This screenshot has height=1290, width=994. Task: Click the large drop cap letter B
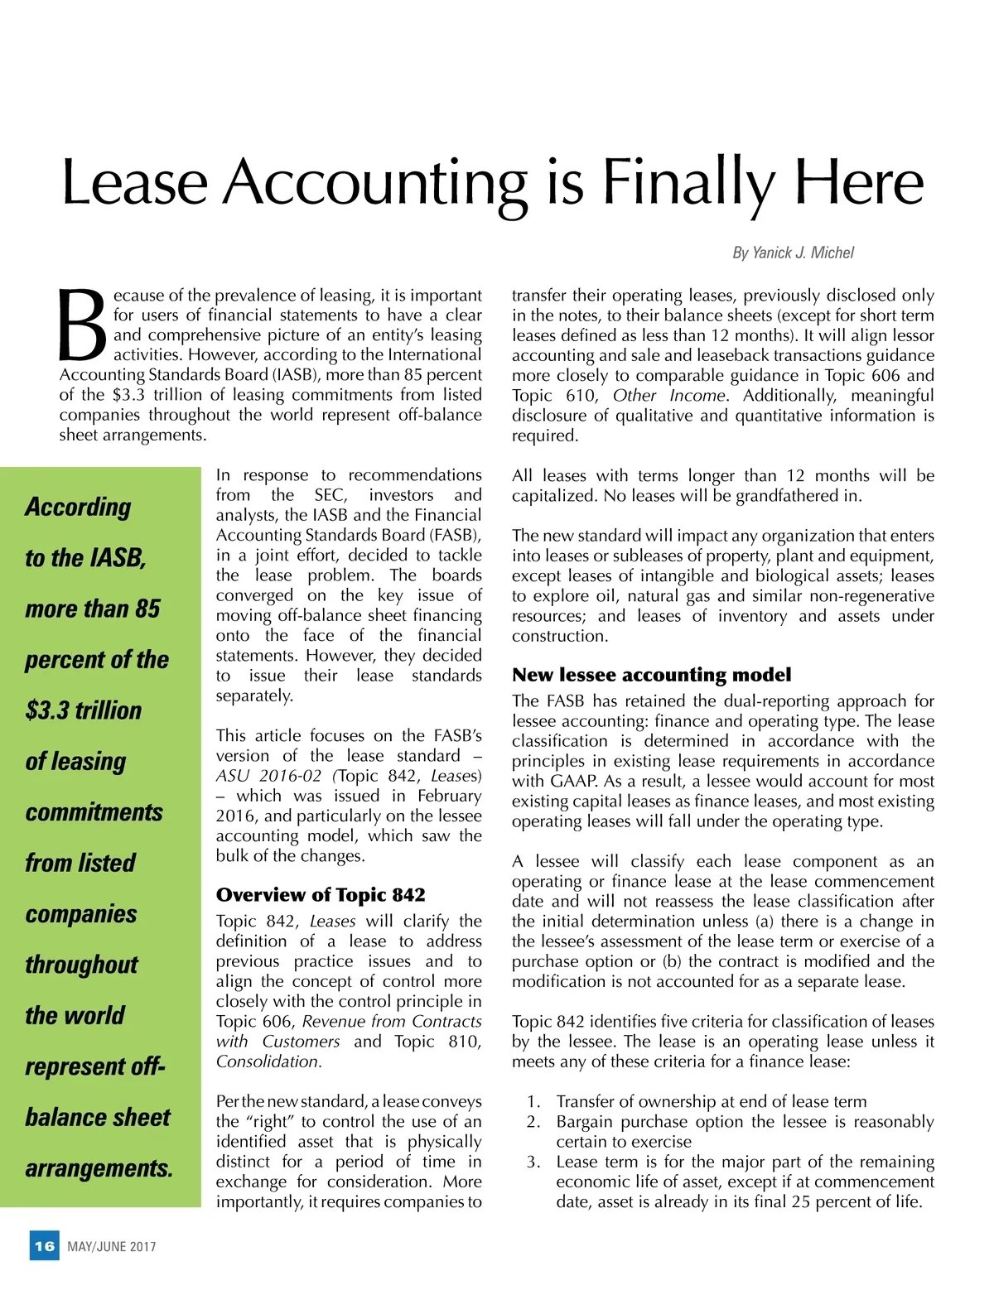coord(83,325)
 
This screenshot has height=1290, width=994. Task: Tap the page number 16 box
coord(45,1245)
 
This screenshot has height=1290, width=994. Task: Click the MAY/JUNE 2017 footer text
coord(112,1246)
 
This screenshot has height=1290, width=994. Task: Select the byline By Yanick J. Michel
coord(793,253)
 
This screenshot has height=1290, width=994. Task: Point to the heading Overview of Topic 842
coord(321,894)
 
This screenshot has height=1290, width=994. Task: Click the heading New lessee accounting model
coord(651,675)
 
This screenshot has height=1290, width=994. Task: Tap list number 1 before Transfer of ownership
coord(533,1101)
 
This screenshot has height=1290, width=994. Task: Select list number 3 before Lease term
coord(533,1162)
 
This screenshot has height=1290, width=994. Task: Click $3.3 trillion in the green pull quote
coord(84,710)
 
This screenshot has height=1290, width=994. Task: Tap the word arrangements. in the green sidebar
coord(99,1168)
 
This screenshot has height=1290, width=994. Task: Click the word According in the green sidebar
coord(78,507)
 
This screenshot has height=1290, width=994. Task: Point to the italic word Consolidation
coord(268,1061)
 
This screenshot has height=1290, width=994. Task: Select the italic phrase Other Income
coord(669,396)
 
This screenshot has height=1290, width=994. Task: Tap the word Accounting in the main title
coord(377,184)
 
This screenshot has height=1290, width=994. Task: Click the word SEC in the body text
coord(330,495)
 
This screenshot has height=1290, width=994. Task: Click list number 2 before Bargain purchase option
coord(533,1122)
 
